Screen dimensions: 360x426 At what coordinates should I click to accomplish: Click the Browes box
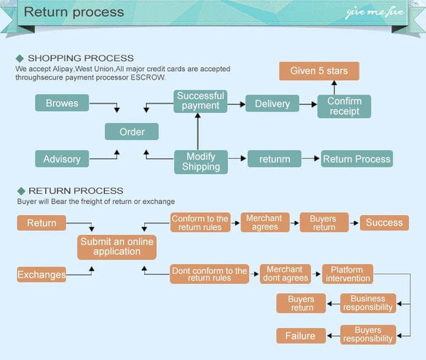[x=62, y=104]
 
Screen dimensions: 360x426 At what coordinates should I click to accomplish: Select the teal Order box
[x=131, y=131]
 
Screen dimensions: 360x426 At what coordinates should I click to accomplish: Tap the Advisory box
[x=62, y=159]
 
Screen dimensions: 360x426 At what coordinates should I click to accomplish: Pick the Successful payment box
[x=200, y=101]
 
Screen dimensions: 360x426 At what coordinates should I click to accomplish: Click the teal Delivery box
[x=272, y=104]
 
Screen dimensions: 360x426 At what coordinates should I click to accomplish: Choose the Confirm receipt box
[x=344, y=106]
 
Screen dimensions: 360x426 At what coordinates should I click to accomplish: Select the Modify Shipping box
[x=200, y=162]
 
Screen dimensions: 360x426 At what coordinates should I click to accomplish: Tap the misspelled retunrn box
[x=274, y=159]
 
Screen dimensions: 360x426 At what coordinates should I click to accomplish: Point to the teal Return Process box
[x=356, y=159]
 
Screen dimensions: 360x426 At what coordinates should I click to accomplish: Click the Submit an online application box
[x=116, y=246]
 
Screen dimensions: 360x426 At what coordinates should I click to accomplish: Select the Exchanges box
[x=41, y=274]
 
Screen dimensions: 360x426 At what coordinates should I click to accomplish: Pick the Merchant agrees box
[x=264, y=223]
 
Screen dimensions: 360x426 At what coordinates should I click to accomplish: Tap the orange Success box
[x=384, y=223]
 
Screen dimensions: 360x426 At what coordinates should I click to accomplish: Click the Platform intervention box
[x=346, y=274]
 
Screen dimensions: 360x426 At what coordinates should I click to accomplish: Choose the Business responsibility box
[x=368, y=303]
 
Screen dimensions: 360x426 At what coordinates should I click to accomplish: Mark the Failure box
[x=300, y=336]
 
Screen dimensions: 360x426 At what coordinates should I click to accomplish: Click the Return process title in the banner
[x=74, y=12]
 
